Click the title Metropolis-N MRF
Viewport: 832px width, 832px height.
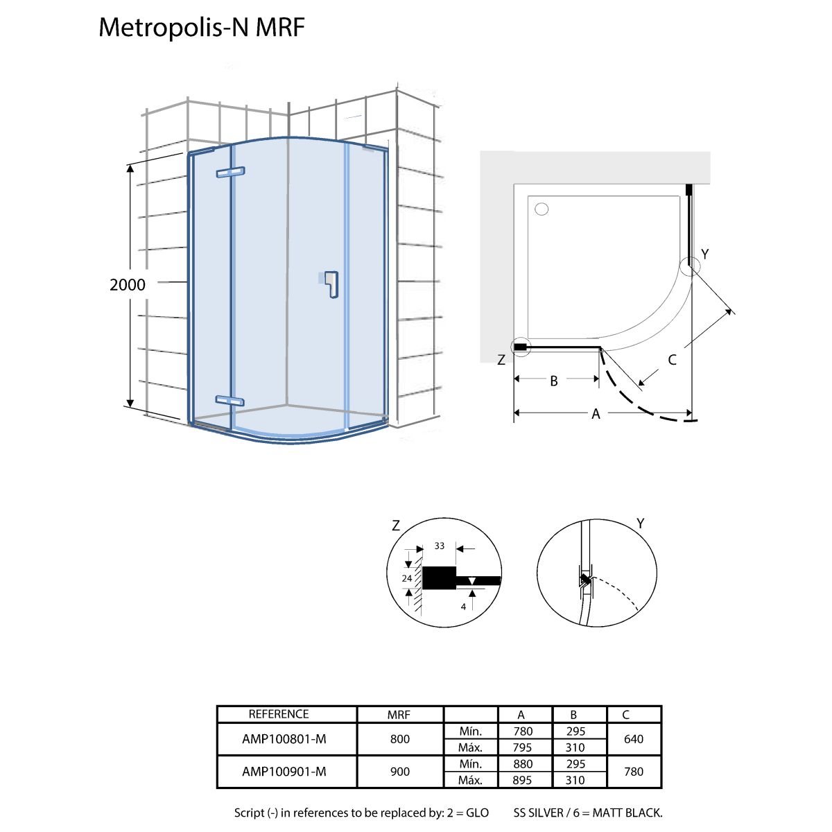coord(202,28)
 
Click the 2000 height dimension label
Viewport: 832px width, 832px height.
coord(128,284)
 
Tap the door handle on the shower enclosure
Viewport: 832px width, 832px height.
coord(331,284)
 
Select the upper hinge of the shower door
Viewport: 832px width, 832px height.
coord(230,172)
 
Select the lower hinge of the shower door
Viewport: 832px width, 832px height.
coord(229,400)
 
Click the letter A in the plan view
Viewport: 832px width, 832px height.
coord(596,414)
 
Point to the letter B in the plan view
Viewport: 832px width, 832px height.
coord(554,381)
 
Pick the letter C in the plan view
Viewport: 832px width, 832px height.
coord(672,360)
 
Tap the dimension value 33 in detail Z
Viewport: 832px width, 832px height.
coord(439,546)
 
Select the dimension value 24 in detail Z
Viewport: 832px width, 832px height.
coord(407,578)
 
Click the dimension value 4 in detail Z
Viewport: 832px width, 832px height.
coord(463,607)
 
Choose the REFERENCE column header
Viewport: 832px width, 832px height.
coord(279,714)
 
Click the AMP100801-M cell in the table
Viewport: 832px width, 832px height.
coord(284,739)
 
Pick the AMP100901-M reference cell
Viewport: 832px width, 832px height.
coord(284,772)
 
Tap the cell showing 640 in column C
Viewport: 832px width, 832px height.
coord(634,739)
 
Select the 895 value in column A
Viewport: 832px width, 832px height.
coord(523,780)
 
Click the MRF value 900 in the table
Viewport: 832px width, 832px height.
coord(400,772)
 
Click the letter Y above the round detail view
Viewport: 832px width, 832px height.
coord(641,523)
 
